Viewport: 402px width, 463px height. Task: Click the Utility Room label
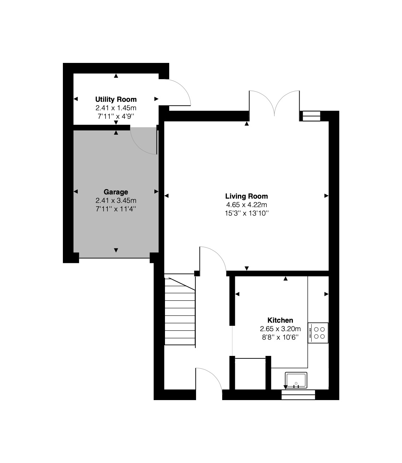coord(116,99)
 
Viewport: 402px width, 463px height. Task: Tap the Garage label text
coord(116,192)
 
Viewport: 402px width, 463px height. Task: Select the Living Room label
coord(247,196)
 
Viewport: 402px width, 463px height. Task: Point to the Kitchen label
coord(280,320)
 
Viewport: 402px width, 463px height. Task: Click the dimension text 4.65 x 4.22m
coord(247,205)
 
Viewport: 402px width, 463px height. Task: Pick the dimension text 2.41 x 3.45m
coord(116,200)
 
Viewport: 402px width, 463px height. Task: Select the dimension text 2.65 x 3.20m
coord(280,329)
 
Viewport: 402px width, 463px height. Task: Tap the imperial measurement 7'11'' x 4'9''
coord(116,116)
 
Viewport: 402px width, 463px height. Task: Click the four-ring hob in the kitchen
coord(318,333)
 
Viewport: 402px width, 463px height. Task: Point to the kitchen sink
coord(296,380)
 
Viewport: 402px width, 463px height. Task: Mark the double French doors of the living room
coord(274,103)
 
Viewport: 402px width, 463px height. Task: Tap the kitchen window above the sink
coord(298,394)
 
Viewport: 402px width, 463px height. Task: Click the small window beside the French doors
coord(311,116)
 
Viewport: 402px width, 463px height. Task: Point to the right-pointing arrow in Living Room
coord(326,196)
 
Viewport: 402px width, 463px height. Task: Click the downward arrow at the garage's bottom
coord(116,250)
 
